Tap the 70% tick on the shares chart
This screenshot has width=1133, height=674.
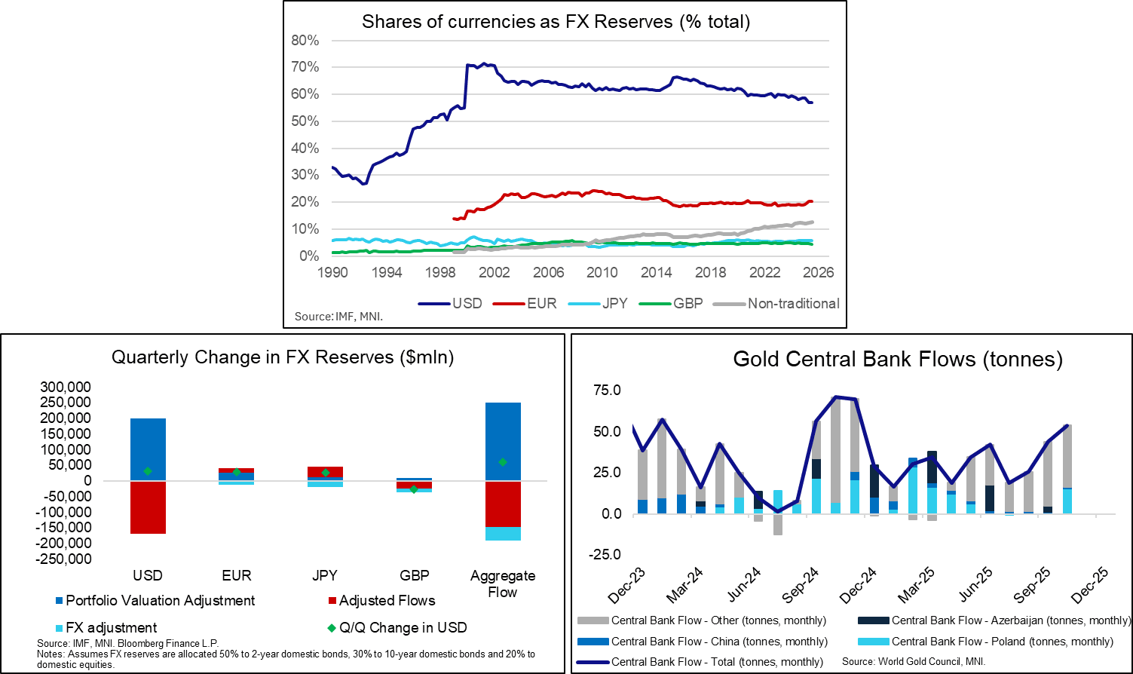305,67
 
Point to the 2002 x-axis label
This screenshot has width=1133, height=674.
495,272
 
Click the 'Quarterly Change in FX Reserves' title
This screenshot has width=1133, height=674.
283,357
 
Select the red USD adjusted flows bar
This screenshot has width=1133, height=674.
148,507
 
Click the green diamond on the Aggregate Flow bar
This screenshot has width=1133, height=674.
503,462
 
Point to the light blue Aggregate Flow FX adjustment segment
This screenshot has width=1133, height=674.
503,534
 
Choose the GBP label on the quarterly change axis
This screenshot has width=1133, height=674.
414,575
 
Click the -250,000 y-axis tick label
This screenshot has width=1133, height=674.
65,559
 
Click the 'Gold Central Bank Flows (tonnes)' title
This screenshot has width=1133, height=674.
898,360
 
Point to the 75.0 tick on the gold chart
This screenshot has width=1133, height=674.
607,390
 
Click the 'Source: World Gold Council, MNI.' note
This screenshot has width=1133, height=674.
914,661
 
